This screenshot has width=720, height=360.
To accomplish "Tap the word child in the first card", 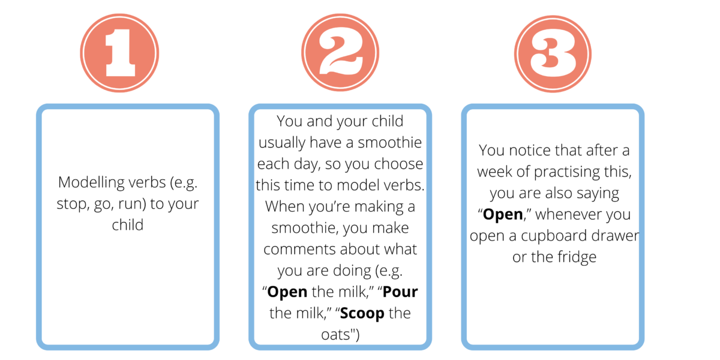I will click(x=128, y=226).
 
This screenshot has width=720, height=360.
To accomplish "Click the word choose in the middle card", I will click(x=401, y=164).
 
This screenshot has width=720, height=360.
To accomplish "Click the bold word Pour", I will click(x=401, y=292).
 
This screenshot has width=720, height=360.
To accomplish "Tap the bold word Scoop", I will click(x=367, y=313).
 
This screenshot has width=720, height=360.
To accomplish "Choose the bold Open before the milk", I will click(x=287, y=292).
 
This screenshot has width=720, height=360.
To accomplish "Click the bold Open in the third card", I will click(x=503, y=214).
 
